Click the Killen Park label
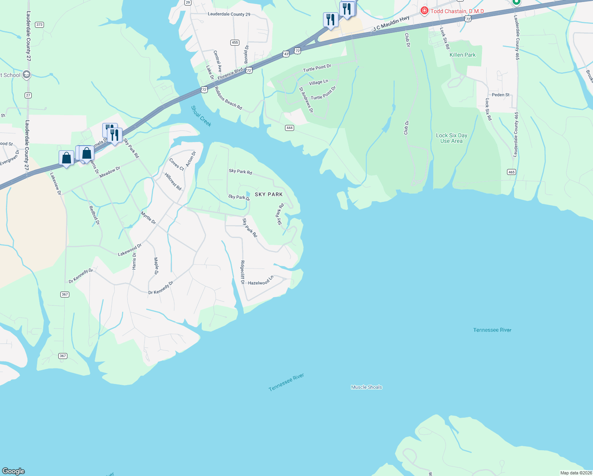462,55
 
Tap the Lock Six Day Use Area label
451,138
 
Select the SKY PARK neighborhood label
269,194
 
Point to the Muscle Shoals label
366,387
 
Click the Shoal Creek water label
201,116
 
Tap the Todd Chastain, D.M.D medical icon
424,11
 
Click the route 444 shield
289,128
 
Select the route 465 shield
511,172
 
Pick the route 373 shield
39,25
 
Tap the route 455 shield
235,42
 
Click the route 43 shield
286,54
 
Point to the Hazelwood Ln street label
260,281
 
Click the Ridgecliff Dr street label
243,272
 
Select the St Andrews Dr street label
306,100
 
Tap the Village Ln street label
318,82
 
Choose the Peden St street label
501,95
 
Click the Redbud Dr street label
94,215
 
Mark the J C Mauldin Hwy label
391,23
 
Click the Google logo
13,471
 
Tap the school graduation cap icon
27,75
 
